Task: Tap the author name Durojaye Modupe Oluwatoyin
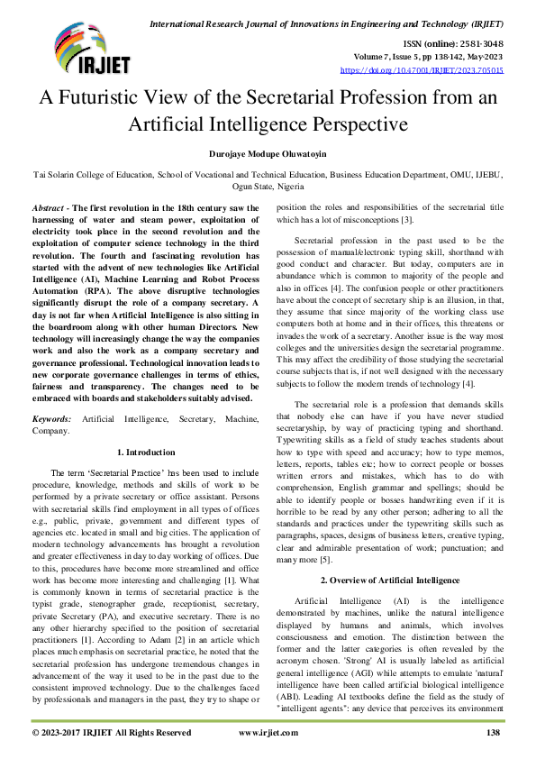tap(268, 155)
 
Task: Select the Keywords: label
tap(53, 420)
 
